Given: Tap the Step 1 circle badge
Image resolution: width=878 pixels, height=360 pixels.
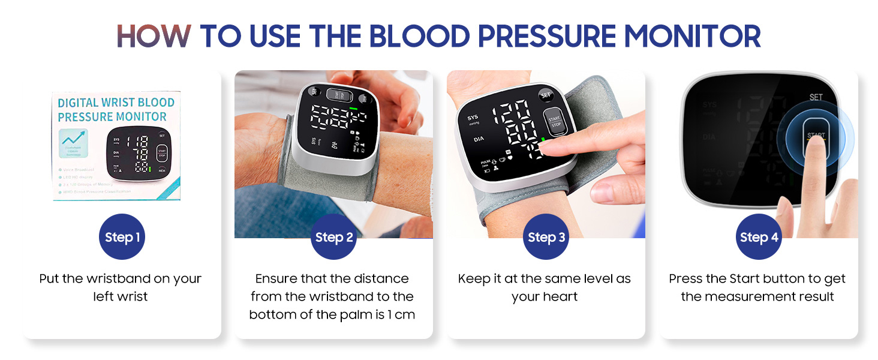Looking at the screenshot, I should point(122,237).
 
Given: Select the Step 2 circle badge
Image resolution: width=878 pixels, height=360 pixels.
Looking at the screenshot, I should point(334,237).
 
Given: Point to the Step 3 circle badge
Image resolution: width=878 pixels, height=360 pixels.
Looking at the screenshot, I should point(546,237).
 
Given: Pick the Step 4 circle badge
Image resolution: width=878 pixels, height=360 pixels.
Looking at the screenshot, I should point(759,237).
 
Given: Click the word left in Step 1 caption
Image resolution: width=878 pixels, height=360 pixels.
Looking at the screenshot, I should point(104,296).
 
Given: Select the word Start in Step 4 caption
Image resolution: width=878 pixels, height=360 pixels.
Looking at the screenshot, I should point(744,278).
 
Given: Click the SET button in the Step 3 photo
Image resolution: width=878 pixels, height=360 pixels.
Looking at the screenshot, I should point(546,95).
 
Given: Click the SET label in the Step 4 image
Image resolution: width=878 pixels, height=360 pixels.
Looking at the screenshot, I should point(816,97).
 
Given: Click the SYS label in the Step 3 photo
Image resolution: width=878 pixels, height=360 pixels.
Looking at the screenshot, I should point(473,118).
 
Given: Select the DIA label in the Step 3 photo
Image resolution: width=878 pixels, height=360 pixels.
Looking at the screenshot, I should point(479,139).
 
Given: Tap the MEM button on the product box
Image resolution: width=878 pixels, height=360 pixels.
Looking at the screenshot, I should point(162,170).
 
